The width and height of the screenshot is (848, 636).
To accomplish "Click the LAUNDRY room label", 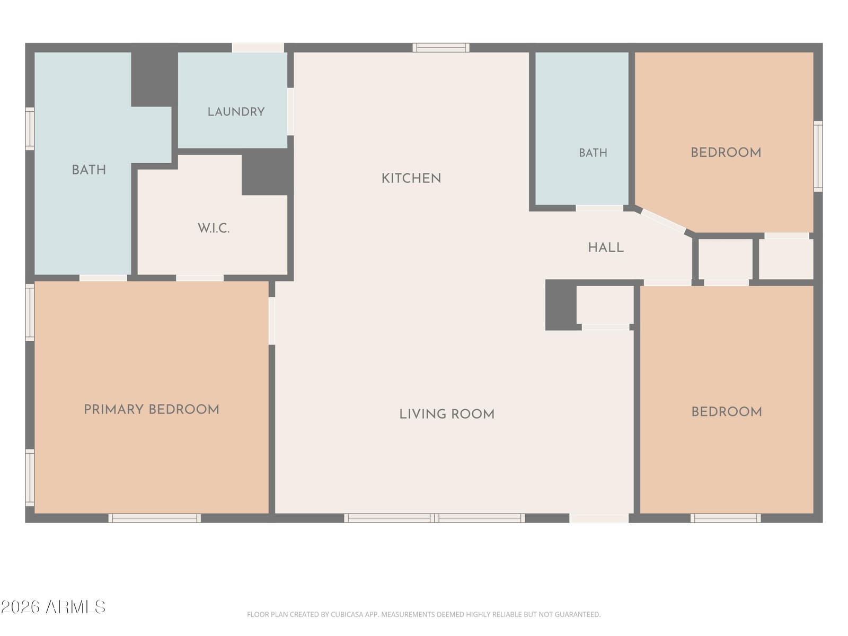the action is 236,112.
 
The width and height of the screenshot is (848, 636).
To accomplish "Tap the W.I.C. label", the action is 214,228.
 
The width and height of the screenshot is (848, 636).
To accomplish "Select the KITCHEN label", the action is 411,179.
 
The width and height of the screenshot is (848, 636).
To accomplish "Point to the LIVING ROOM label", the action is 447,414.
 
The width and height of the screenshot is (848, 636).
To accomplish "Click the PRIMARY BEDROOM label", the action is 152,409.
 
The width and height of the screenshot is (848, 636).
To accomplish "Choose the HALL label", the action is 606,248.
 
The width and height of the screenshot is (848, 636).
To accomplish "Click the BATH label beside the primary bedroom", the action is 89,170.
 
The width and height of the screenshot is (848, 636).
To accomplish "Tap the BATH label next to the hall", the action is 593,153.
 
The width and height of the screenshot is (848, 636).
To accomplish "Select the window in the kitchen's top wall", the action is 441,48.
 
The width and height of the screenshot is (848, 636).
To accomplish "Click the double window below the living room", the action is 434,518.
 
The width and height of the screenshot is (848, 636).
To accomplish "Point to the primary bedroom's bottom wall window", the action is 155,518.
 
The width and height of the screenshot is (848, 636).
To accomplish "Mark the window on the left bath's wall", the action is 30,129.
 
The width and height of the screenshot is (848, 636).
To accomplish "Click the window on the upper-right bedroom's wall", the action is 818,156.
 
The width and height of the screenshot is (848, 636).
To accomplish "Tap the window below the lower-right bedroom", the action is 726,518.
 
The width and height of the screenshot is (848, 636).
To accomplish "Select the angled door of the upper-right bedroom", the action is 664,221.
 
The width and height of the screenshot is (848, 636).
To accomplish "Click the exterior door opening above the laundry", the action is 258,48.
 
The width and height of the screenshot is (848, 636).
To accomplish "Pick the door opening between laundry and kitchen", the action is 290,112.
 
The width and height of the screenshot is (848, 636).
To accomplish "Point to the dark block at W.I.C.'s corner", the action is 267,172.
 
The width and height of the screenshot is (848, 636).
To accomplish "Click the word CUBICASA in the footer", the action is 344,615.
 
